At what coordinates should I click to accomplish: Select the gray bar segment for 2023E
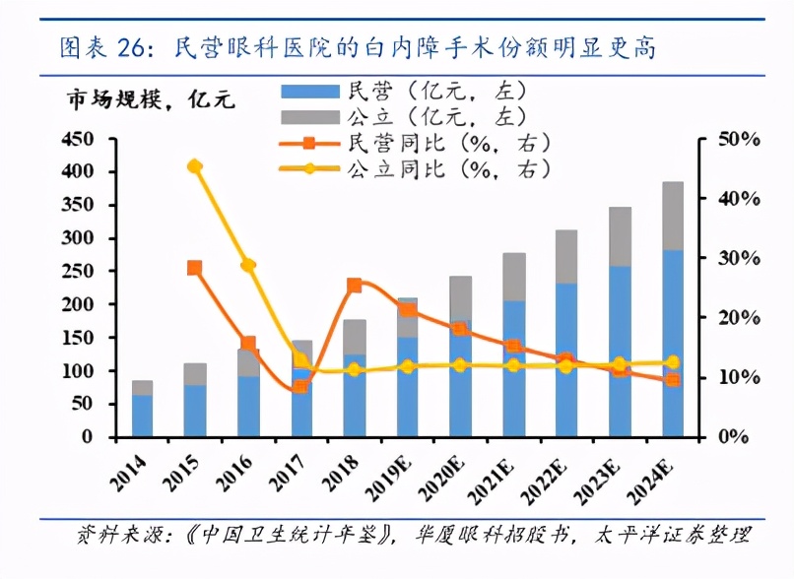click(620, 236)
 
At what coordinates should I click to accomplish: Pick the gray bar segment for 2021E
click(513, 277)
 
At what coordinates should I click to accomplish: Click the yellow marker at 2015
click(195, 166)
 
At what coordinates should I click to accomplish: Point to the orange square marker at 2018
click(355, 286)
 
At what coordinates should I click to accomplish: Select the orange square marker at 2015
click(195, 268)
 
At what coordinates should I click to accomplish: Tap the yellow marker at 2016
click(248, 265)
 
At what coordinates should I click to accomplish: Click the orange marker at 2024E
click(673, 379)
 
